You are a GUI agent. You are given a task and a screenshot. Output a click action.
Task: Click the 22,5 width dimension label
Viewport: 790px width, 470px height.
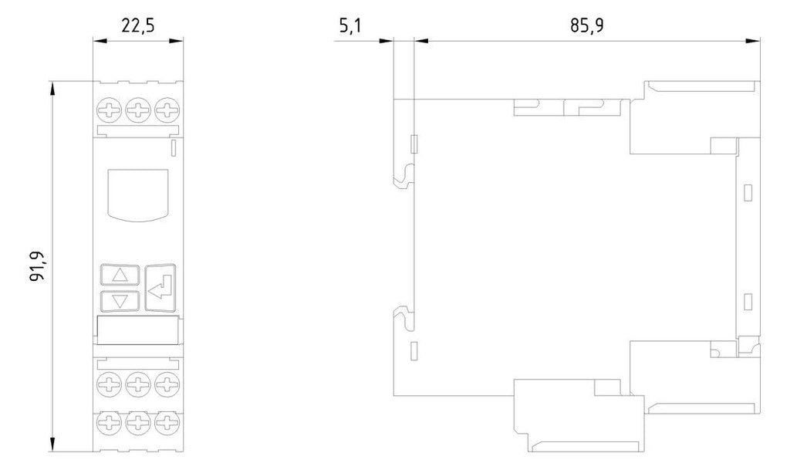click(137, 25)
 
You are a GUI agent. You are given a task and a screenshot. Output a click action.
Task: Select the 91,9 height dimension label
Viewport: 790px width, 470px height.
click(37, 265)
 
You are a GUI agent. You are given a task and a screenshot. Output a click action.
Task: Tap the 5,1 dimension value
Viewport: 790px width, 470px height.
click(349, 25)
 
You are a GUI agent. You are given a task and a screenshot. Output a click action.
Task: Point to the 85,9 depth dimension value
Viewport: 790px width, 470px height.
click(586, 25)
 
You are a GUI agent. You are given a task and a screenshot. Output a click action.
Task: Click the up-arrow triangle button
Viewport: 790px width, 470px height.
click(120, 275)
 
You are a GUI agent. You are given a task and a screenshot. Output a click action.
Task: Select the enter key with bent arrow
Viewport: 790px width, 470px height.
click(160, 288)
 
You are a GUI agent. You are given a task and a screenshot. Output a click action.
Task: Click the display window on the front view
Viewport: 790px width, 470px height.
click(138, 195)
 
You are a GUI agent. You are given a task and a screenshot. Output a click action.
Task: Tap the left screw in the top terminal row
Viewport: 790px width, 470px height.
click(110, 110)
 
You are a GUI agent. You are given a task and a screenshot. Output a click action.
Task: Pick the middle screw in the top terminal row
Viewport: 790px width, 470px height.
click(138, 110)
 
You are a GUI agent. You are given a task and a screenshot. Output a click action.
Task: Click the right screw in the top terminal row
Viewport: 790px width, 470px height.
click(167, 110)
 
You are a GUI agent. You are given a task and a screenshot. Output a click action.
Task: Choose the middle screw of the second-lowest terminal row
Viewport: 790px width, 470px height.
click(138, 385)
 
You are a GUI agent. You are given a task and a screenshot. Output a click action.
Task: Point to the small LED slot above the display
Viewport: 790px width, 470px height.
click(174, 148)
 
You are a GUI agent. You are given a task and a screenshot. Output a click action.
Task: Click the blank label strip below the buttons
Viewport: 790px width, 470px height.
click(138, 330)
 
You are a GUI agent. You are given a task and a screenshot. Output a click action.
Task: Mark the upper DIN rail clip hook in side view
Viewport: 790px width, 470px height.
click(404, 176)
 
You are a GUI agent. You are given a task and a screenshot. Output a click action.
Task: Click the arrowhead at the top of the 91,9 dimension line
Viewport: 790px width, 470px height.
click(52, 88)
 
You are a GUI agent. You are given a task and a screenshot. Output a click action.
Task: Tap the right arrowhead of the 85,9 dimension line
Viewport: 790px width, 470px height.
click(753, 41)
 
